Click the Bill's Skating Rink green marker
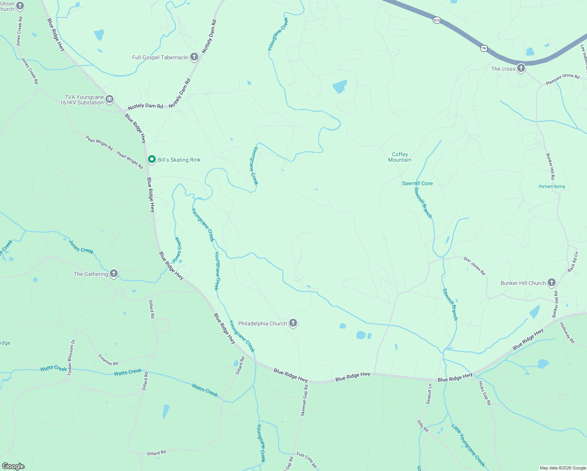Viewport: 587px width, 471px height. pos(152,159)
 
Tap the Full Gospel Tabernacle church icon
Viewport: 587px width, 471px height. pos(194,57)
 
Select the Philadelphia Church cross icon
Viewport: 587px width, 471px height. pos(293,323)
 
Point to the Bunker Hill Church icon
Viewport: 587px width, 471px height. pos(552,283)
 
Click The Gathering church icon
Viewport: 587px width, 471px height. pos(114,274)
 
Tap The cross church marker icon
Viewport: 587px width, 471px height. pos(521,68)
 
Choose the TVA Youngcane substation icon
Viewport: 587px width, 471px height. pos(109,99)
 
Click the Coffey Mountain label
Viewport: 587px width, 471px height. pos(400,157)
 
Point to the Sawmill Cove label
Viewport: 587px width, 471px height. pos(417,183)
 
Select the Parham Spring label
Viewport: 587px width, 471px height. pos(552,186)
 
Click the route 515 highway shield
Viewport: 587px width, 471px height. pos(437,20)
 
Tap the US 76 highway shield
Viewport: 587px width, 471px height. pos(483,48)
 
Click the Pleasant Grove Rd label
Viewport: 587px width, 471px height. pos(563,79)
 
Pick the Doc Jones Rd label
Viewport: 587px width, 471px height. pos(474,266)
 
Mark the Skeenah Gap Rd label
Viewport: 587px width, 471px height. pos(304,400)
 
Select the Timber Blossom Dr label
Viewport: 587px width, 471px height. pos(71,358)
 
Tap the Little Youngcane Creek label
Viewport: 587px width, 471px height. pos(468,445)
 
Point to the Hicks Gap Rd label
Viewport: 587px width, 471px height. pos(485,393)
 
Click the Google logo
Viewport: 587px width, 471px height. pos(13,466)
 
